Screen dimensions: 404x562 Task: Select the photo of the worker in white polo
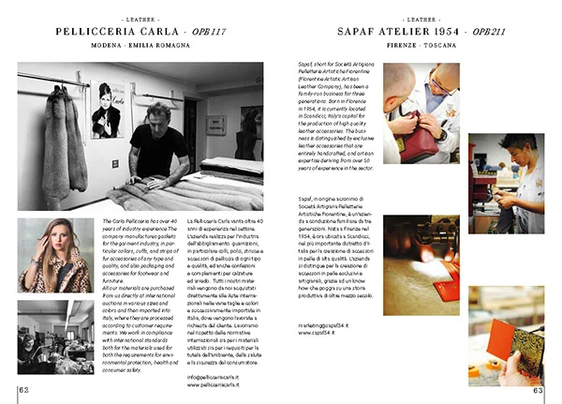tap(506, 183)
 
